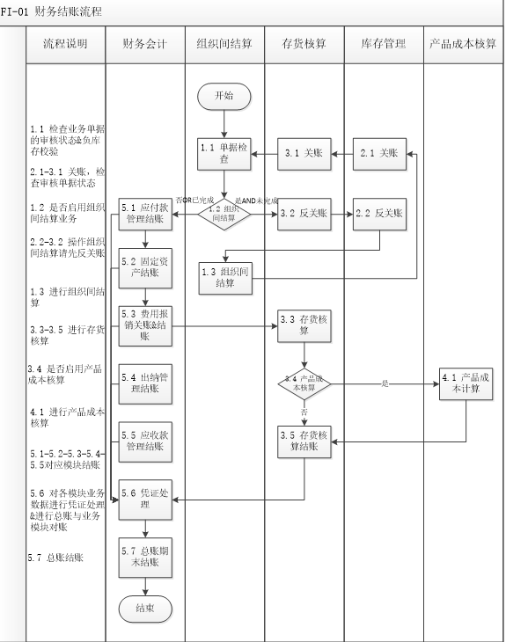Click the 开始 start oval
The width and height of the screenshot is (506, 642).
(224, 96)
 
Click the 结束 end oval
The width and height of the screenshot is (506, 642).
(145, 608)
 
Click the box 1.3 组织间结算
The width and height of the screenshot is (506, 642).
(224, 276)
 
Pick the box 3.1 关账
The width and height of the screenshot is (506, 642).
(304, 153)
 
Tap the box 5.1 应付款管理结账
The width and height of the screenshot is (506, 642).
(145, 214)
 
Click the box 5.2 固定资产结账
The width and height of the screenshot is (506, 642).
(145, 266)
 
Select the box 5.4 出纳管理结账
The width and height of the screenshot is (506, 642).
(145, 382)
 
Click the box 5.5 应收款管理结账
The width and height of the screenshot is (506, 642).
(145, 441)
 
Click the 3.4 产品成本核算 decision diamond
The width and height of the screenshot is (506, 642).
(304, 383)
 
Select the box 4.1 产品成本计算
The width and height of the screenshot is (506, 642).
(466, 383)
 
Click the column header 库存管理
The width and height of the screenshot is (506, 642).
(383, 44)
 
